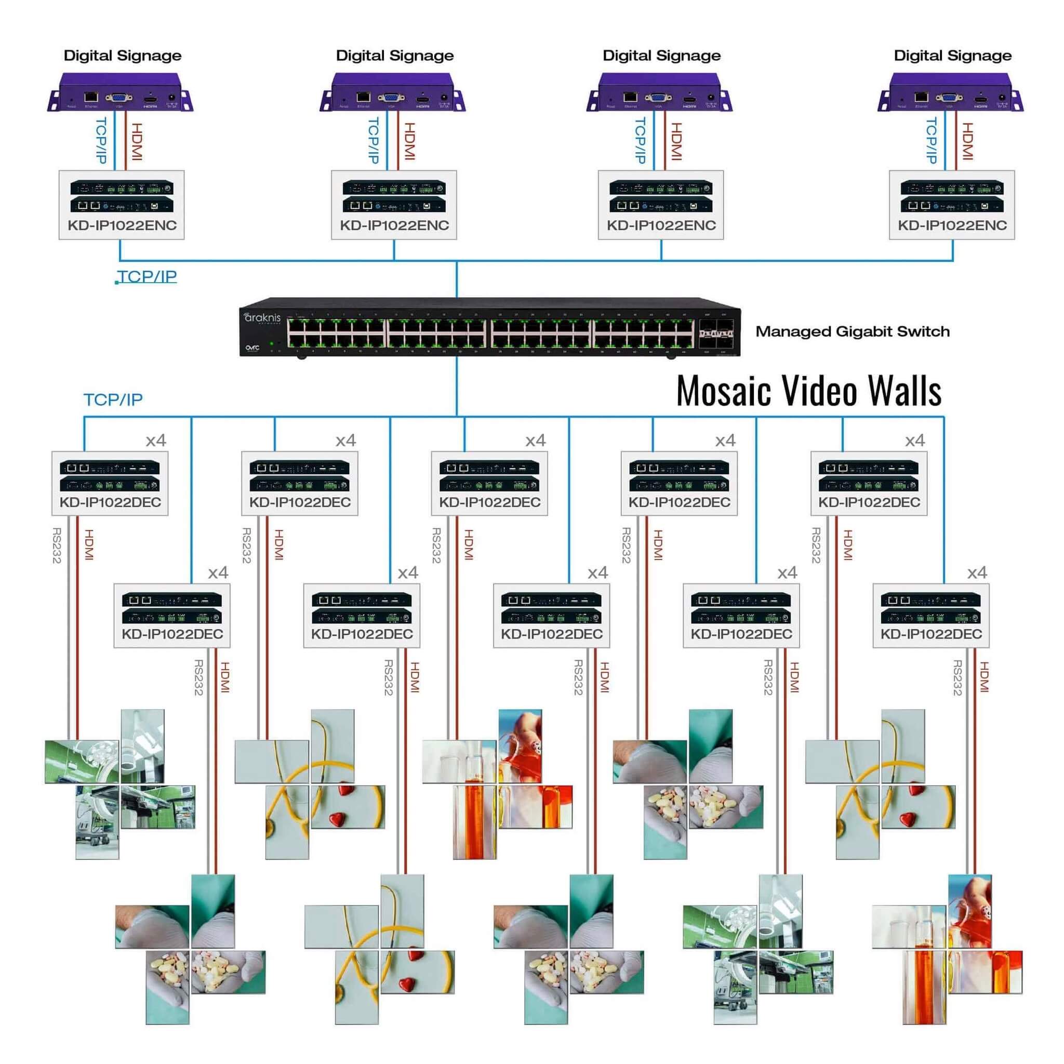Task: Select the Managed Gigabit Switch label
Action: tap(852, 331)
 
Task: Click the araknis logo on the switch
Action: tap(263, 318)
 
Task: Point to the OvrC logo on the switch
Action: tap(252, 348)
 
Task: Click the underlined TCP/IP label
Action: tap(147, 276)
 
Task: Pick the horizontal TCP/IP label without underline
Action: tap(113, 400)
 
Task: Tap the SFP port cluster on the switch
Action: tap(715, 334)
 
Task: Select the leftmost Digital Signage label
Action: tap(122, 56)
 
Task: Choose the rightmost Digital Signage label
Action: tap(952, 56)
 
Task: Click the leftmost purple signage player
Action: tap(120, 91)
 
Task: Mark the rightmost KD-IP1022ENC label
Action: tap(952, 225)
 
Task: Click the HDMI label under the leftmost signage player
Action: tap(137, 141)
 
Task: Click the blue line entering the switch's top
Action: tap(457, 281)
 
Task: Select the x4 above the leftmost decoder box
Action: tap(156, 441)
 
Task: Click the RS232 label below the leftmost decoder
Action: tap(57, 545)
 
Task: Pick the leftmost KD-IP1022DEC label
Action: tap(110, 502)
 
